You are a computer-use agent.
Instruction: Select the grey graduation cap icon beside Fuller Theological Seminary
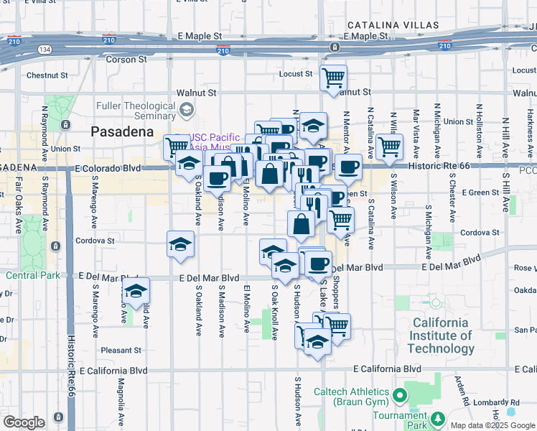coord(187,109)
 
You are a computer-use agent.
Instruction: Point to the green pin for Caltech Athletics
coord(400,396)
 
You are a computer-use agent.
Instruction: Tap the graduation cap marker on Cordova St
coord(180,244)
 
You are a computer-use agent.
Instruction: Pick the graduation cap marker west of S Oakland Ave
coord(135,291)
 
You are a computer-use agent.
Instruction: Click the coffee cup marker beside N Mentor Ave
coord(349,167)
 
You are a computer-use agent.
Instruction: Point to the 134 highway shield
coord(45,50)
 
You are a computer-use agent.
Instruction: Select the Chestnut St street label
coord(47,75)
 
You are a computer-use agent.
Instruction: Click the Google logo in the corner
coord(24,422)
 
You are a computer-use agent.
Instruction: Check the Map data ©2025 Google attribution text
coord(492,425)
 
